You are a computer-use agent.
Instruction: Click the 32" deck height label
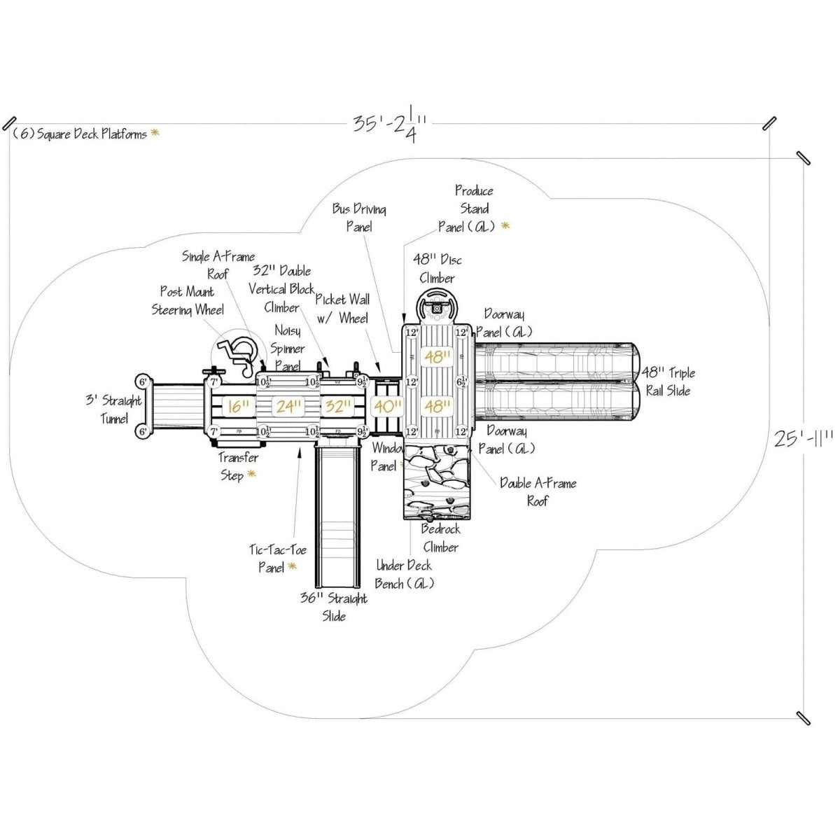[x=338, y=406]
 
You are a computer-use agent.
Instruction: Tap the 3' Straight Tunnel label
[x=113, y=409]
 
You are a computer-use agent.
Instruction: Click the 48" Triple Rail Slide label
[x=669, y=381]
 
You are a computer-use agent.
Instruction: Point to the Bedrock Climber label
[x=440, y=538]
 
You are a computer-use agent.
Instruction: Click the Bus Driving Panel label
[x=359, y=218]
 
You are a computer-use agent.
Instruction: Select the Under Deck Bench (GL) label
[x=405, y=574]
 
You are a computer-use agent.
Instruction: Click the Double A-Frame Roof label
[x=538, y=491]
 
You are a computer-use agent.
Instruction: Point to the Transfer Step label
[x=237, y=466]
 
